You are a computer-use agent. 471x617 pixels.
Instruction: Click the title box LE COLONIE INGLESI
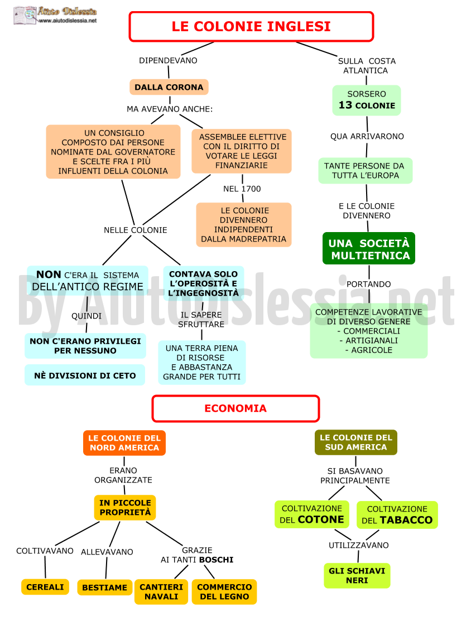(x=251, y=26)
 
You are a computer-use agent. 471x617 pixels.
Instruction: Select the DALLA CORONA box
(x=169, y=87)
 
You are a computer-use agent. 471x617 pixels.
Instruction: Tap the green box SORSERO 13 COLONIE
(x=366, y=100)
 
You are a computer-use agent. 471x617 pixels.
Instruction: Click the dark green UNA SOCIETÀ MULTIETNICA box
(x=369, y=248)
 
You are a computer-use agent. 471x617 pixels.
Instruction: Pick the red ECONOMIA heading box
(x=235, y=408)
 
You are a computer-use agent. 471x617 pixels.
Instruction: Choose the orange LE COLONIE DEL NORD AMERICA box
(x=124, y=443)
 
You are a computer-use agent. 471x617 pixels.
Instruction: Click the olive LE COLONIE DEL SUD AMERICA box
(x=355, y=442)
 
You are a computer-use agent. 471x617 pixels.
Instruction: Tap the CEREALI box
(x=45, y=587)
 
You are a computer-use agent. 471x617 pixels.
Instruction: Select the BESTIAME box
(x=105, y=587)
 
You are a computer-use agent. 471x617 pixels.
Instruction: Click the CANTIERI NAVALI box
(x=161, y=591)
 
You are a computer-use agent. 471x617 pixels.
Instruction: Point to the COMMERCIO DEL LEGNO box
(x=224, y=591)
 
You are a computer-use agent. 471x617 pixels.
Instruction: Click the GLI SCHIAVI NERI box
(x=357, y=575)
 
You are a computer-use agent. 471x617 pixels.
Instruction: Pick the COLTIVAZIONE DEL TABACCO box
(x=397, y=515)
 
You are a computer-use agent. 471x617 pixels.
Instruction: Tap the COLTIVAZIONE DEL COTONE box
(x=312, y=514)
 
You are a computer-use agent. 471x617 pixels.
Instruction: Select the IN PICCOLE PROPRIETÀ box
(x=125, y=508)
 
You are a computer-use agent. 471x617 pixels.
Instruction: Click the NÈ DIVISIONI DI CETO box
(x=85, y=375)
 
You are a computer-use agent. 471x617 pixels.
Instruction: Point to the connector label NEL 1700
(x=242, y=189)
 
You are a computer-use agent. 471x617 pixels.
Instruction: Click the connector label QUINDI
(x=86, y=316)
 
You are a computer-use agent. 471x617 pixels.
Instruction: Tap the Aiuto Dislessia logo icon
(x=25, y=16)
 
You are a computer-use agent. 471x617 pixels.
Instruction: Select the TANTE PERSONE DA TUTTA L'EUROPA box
(x=365, y=171)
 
